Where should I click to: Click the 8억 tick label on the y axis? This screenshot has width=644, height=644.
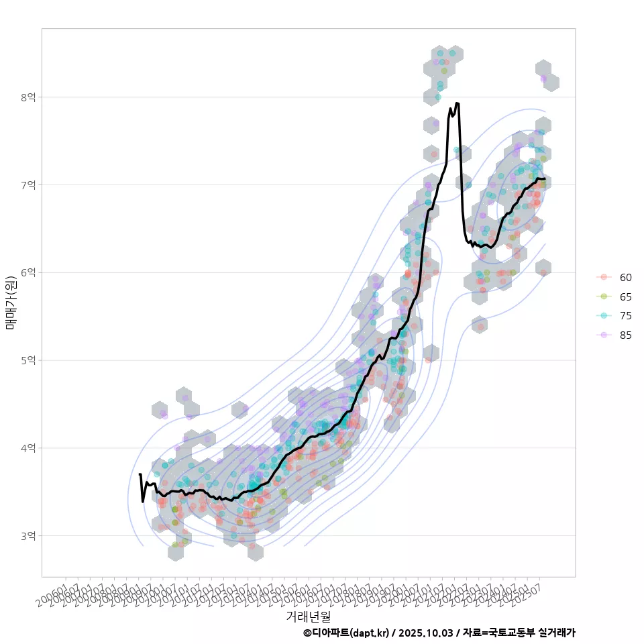(x=28, y=97)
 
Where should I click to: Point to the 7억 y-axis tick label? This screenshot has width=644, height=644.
(x=28, y=184)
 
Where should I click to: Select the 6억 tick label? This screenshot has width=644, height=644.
(x=28, y=272)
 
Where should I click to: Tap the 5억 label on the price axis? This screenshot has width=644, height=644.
(x=28, y=360)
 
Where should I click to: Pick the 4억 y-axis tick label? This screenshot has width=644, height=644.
(x=28, y=447)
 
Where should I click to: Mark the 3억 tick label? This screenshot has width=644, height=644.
(x=28, y=535)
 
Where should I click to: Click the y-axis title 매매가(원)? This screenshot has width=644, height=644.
(x=11, y=303)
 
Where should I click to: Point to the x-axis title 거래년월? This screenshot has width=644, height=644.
(x=309, y=615)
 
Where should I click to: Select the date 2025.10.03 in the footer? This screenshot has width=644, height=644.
(x=426, y=633)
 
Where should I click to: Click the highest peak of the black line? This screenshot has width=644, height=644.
(x=457, y=103)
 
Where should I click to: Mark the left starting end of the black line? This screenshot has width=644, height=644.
(x=140, y=475)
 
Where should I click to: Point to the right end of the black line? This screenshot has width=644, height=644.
(x=545, y=178)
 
